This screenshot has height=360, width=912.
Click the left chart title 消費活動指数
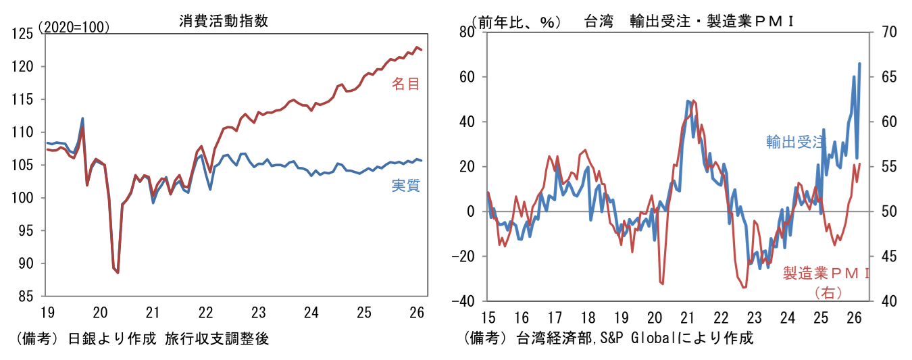[224, 21]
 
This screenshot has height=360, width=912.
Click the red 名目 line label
[405, 84]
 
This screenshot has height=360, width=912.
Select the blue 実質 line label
[405, 186]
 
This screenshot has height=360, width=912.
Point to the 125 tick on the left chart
[22, 34]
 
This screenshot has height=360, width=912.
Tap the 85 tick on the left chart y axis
[26, 297]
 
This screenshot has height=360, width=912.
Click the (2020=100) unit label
[74, 27]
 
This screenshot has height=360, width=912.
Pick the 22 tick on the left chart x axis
[205, 313]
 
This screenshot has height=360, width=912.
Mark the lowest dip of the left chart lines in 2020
[118, 273]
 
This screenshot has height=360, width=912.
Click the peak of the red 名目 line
[417, 47]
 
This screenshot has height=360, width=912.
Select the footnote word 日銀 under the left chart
[81, 339]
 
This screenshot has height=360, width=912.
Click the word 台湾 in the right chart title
[599, 21]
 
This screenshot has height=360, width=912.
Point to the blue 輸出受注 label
[795, 142]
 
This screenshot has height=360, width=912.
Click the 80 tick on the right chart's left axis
[467, 32]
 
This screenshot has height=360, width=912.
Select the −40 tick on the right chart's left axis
[463, 301]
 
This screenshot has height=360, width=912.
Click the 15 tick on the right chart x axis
[488, 317]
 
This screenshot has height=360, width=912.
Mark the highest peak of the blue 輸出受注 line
[859, 63]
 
